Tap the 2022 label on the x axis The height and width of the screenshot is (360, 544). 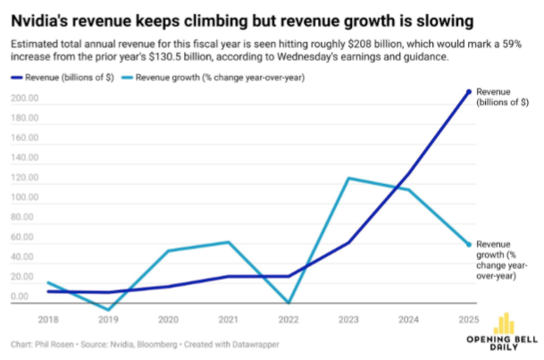pyautogui.click(x=288, y=319)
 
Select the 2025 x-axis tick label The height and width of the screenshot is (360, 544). pyautogui.click(x=468, y=319)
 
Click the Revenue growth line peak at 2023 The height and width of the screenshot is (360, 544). pyautogui.click(x=348, y=179)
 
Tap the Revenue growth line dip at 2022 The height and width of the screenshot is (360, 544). pyautogui.click(x=288, y=304)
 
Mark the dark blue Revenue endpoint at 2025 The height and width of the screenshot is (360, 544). pyautogui.click(x=469, y=91)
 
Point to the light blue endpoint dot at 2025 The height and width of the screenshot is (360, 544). pyautogui.click(x=469, y=245)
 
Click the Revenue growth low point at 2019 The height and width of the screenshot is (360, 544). pyautogui.click(x=107, y=310)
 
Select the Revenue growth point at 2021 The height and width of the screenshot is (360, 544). pyautogui.click(x=228, y=242)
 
